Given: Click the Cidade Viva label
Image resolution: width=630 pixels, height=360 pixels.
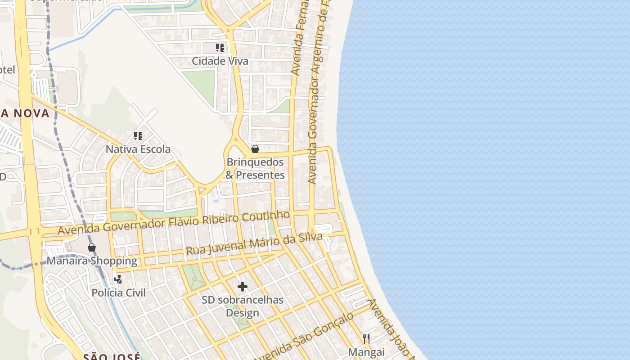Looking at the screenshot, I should tap(220, 61).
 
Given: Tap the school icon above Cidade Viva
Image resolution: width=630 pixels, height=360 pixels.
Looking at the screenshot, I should tap(220, 47).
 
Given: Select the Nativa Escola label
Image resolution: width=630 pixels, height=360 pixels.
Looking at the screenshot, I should tap(138, 149).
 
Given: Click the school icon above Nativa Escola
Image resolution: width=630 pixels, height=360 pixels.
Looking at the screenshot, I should tap(138, 135).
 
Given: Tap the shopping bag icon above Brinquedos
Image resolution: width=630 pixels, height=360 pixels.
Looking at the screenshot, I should tap(255, 149).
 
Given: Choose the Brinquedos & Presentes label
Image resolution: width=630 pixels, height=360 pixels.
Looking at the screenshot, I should tap(255, 169).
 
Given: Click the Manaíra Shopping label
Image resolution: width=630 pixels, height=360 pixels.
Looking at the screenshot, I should tap(92, 261).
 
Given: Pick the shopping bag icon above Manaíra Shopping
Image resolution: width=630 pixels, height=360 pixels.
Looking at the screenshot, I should tap(92, 247).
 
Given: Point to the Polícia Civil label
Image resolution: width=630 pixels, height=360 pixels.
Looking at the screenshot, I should tap(118, 293).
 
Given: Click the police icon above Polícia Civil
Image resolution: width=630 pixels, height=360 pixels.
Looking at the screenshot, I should tap(118, 279).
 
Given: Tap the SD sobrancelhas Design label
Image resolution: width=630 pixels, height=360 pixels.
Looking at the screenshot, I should tap(243, 306).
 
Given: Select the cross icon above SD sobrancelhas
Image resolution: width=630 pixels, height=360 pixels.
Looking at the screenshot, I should tap(243, 286).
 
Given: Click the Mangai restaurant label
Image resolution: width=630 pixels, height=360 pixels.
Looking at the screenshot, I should tap(366, 352).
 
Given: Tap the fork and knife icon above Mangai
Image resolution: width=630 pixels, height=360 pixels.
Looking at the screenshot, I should tap(366, 338).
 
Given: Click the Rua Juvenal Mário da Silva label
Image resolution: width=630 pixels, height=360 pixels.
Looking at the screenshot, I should tap(254, 244).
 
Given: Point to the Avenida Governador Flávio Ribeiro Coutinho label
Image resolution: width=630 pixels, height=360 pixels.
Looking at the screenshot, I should tap(174, 223).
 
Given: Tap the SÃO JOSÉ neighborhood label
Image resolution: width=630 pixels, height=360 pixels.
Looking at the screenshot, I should tap(112, 356).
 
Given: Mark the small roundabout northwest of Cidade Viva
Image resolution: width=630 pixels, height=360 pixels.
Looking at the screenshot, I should tap(229, 31).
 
